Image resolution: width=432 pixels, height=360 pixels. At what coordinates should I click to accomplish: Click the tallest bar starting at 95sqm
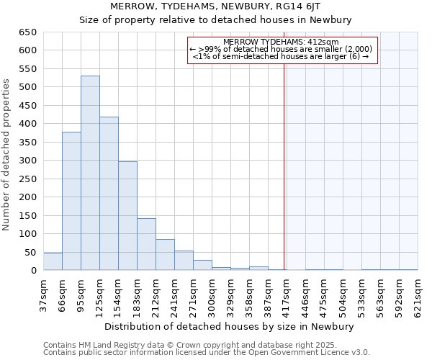coord(90,173)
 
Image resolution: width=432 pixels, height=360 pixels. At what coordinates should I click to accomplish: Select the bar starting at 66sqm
coord(71,201)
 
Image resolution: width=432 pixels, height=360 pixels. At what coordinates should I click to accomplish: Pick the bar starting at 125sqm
coord(109,194)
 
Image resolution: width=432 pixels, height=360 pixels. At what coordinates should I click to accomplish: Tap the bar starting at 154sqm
coord(127,216)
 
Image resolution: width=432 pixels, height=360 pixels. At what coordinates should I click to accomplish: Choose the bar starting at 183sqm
coord(146,244)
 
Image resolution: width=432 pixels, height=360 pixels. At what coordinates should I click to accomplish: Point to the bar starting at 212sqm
coord(165,255)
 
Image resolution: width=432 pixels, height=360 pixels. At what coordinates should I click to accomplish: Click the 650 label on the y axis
coord(27,32)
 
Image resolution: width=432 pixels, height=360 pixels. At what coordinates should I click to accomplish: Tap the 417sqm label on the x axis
coord(287,293)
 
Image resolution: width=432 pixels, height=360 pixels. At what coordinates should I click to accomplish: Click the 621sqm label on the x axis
coord(418,293)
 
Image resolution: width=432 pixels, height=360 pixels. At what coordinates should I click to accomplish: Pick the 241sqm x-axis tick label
coord(174,293)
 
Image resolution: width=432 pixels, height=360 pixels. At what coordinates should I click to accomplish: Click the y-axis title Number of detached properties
coord(7,155)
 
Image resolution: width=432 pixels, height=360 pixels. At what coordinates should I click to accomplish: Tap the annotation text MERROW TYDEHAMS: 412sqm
coord(282,42)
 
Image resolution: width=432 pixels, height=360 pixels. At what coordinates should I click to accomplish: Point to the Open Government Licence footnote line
coord(207,353)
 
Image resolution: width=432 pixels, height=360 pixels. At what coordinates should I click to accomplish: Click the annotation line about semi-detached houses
coord(282,56)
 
